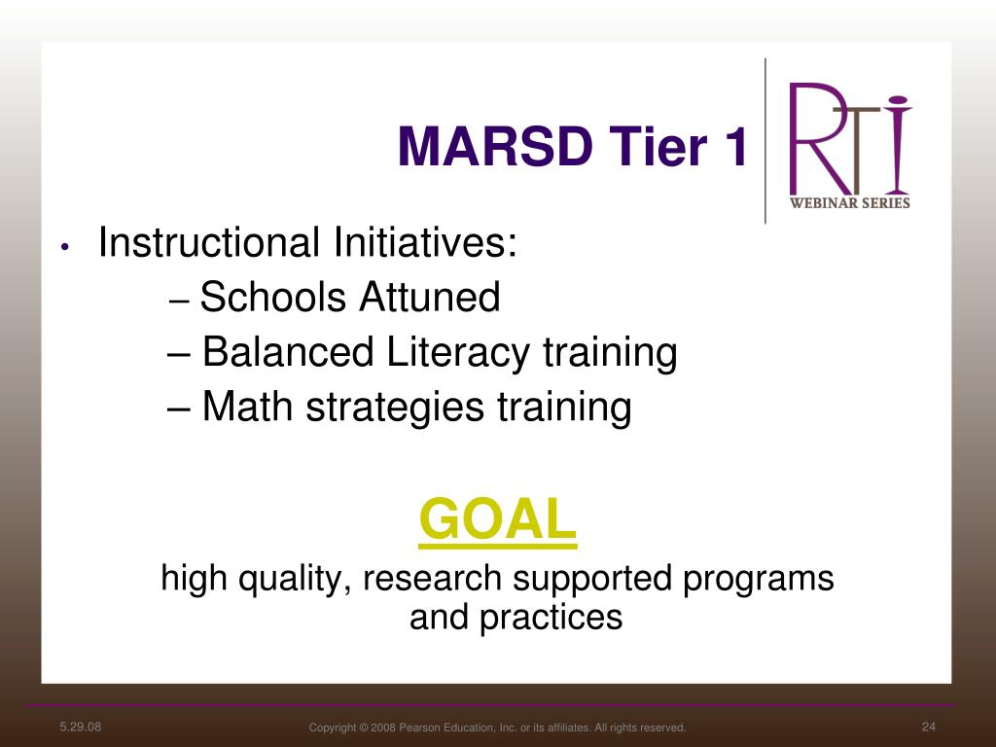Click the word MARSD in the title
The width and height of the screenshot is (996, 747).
click(495, 146)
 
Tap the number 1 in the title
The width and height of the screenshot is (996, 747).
click(734, 146)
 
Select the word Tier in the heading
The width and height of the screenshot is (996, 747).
click(658, 146)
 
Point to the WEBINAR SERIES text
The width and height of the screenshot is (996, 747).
click(849, 202)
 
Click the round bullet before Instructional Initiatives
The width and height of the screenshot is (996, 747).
click(65, 247)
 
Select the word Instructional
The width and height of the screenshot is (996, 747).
click(209, 242)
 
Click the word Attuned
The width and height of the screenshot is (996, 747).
click(430, 297)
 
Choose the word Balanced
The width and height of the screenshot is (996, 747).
click(288, 352)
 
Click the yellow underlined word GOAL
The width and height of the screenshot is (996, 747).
click(498, 520)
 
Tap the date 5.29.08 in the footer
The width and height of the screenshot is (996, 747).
click(80, 727)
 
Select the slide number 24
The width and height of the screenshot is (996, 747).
click(929, 727)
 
